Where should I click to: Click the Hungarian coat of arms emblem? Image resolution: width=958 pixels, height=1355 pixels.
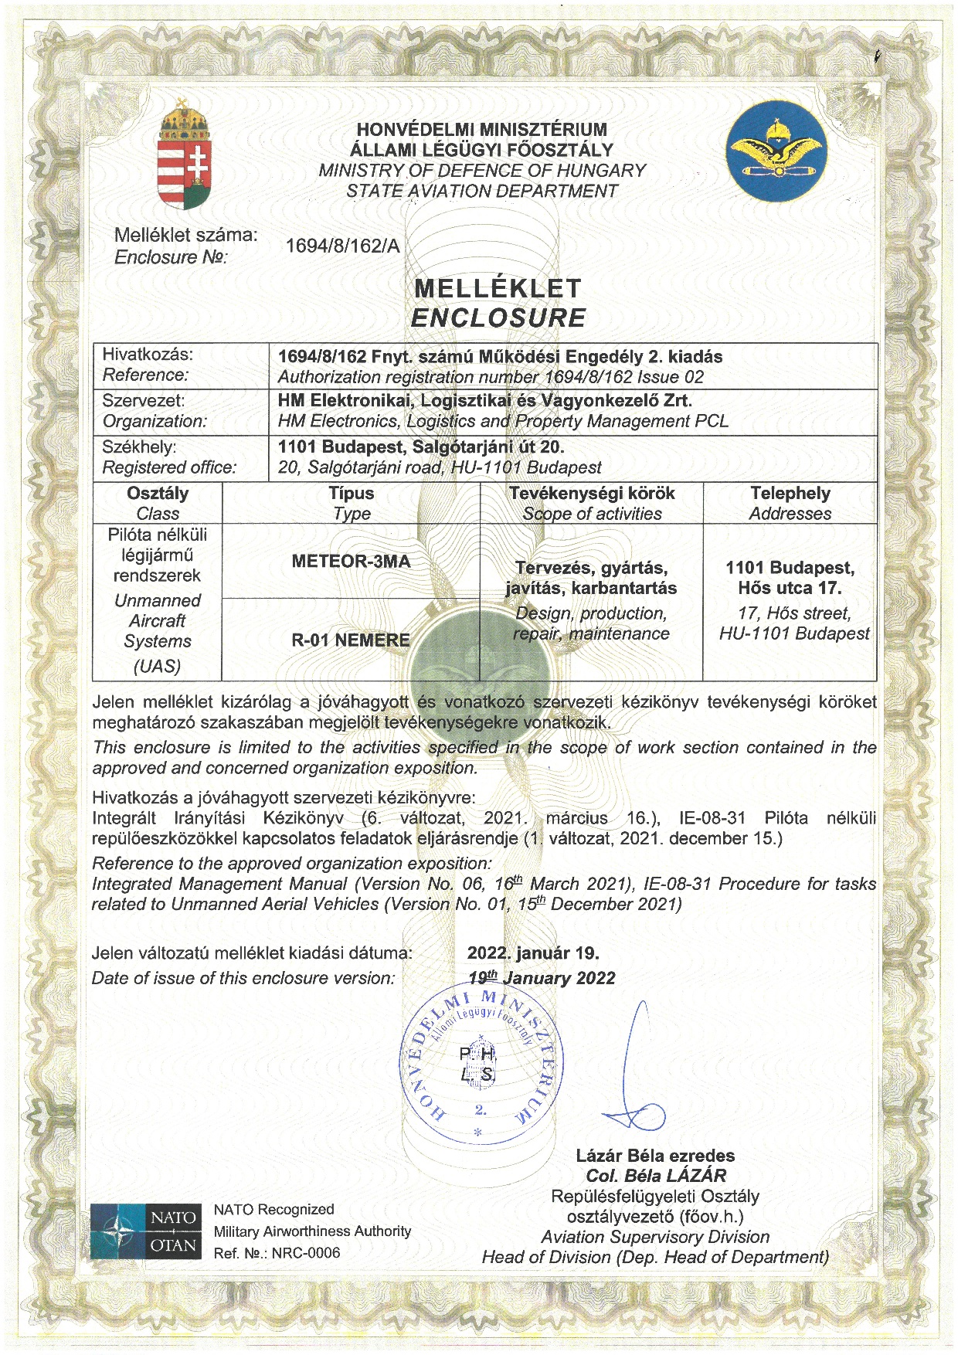pos(184,157)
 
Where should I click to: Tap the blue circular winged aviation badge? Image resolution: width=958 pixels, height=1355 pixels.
pos(776,151)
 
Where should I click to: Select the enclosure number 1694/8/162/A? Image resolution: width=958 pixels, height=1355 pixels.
pos(343,246)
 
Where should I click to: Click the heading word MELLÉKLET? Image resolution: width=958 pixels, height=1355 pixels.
pos(498,289)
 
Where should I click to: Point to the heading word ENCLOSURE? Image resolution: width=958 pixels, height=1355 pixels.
pos(498,318)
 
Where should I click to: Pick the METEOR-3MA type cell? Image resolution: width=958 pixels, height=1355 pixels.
pos(351,562)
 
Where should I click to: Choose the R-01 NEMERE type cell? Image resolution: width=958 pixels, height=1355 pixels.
pos(351,640)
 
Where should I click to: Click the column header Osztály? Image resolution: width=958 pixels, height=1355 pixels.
pos(158,494)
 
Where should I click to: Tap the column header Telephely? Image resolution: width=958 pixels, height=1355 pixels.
pos(790,494)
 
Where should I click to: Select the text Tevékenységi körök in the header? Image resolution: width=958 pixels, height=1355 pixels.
pos(592,494)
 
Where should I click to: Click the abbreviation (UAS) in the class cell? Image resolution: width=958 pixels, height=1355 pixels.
pos(157,666)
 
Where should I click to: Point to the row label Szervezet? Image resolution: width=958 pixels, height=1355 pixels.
pos(144,401)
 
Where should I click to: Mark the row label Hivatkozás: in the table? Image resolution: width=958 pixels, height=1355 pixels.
pos(148,355)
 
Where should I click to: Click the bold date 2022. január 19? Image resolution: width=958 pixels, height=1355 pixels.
pos(533,953)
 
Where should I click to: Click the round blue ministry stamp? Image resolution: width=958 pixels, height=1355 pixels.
pos(480,1066)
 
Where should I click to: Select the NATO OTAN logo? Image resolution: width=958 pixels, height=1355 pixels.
pos(146,1231)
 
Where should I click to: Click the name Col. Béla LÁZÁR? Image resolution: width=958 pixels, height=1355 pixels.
pos(656,1176)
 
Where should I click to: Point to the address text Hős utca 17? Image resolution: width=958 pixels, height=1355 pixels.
pos(790,588)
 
